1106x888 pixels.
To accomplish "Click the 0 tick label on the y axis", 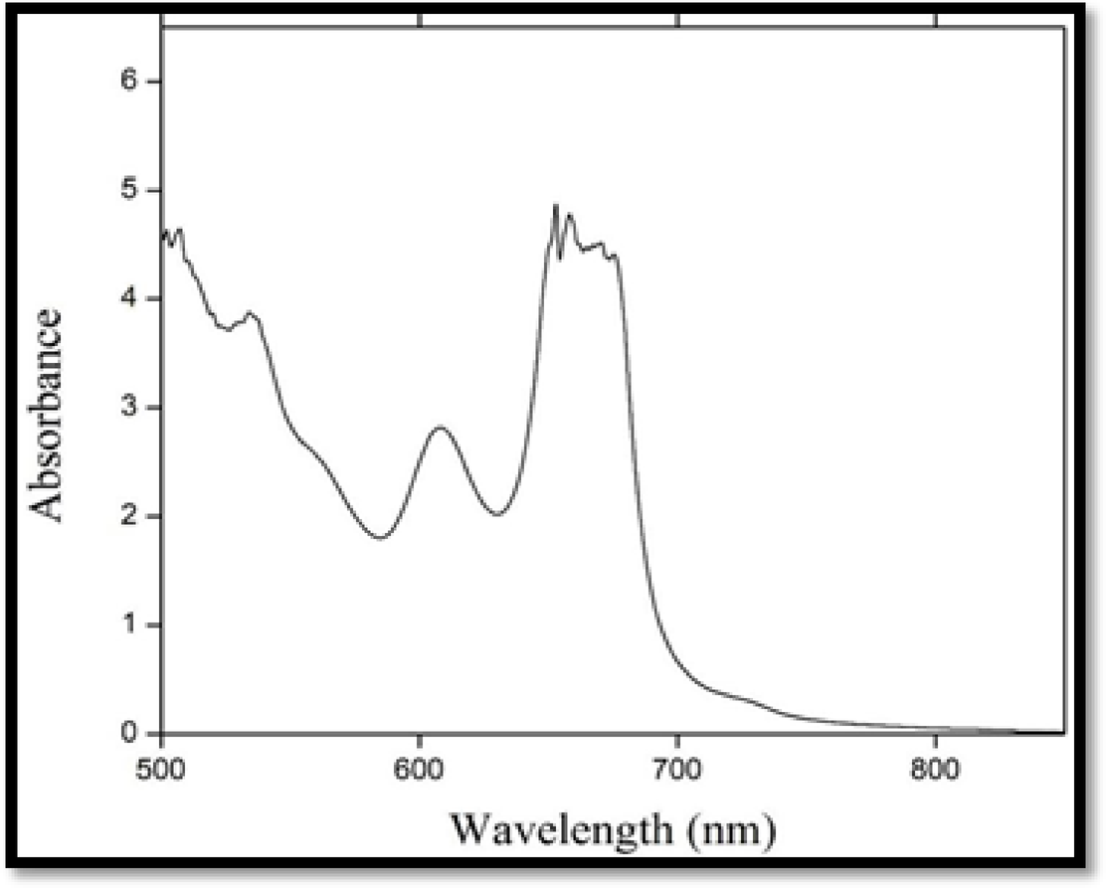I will pyautogui.click(x=128, y=733).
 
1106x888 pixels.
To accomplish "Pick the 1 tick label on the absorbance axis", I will pyautogui.click(x=128, y=624).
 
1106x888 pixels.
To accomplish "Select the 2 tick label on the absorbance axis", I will pyautogui.click(x=128, y=516).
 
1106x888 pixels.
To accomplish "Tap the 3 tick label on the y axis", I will pyautogui.click(x=128, y=408).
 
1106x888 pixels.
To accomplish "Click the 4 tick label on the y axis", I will pyautogui.click(x=128, y=298).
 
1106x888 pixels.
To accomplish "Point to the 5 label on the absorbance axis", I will pyautogui.click(x=128, y=190).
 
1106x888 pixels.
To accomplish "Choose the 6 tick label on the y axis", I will pyautogui.click(x=128, y=82).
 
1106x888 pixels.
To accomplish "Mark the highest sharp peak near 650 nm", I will pyautogui.click(x=555, y=206).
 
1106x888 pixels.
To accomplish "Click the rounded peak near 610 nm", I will pyautogui.click(x=440, y=428).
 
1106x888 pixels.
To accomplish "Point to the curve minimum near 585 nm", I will pyautogui.click(x=380, y=538).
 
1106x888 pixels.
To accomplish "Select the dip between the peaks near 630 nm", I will pyautogui.click(x=498, y=514).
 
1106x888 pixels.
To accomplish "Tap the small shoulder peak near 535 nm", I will pyautogui.click(x=251, y=312).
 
